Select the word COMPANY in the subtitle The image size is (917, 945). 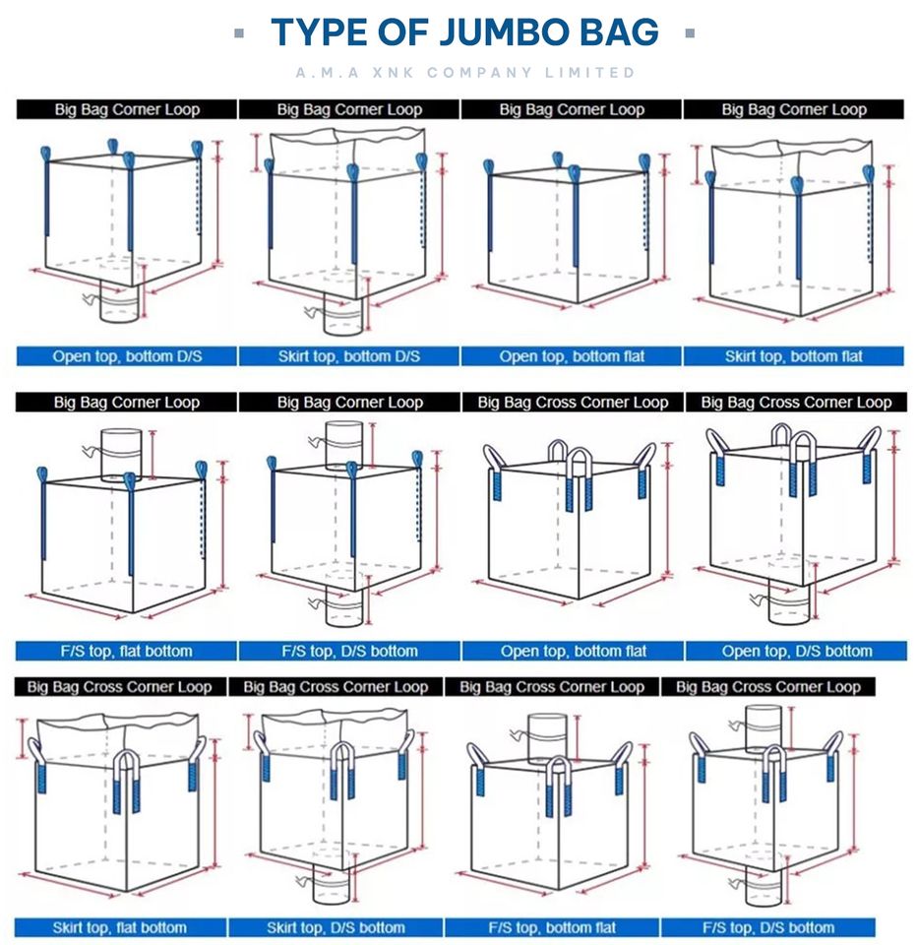[479, 73]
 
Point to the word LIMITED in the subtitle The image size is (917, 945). [589, 73]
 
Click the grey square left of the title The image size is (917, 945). [239, 33]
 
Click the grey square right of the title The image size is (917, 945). [690, 33]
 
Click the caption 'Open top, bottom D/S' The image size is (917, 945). [127, 356]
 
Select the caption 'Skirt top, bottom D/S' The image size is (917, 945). [349, 356]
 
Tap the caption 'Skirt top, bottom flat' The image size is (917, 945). [793, 356]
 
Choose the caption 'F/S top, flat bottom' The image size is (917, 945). [127, 651]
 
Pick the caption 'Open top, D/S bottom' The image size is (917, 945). [797, 651]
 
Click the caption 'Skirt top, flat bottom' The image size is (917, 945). [119, 927]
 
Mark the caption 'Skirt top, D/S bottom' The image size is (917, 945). [336, 927]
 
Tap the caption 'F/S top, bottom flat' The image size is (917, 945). [552, 927]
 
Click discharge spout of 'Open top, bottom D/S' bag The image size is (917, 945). [119, 302]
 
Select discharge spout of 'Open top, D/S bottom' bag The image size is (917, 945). [789, 602]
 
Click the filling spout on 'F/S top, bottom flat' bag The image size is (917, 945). [548, 739]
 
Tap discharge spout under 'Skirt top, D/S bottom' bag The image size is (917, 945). [332, 884]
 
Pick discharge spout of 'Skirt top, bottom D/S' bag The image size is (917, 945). [342, 313]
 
